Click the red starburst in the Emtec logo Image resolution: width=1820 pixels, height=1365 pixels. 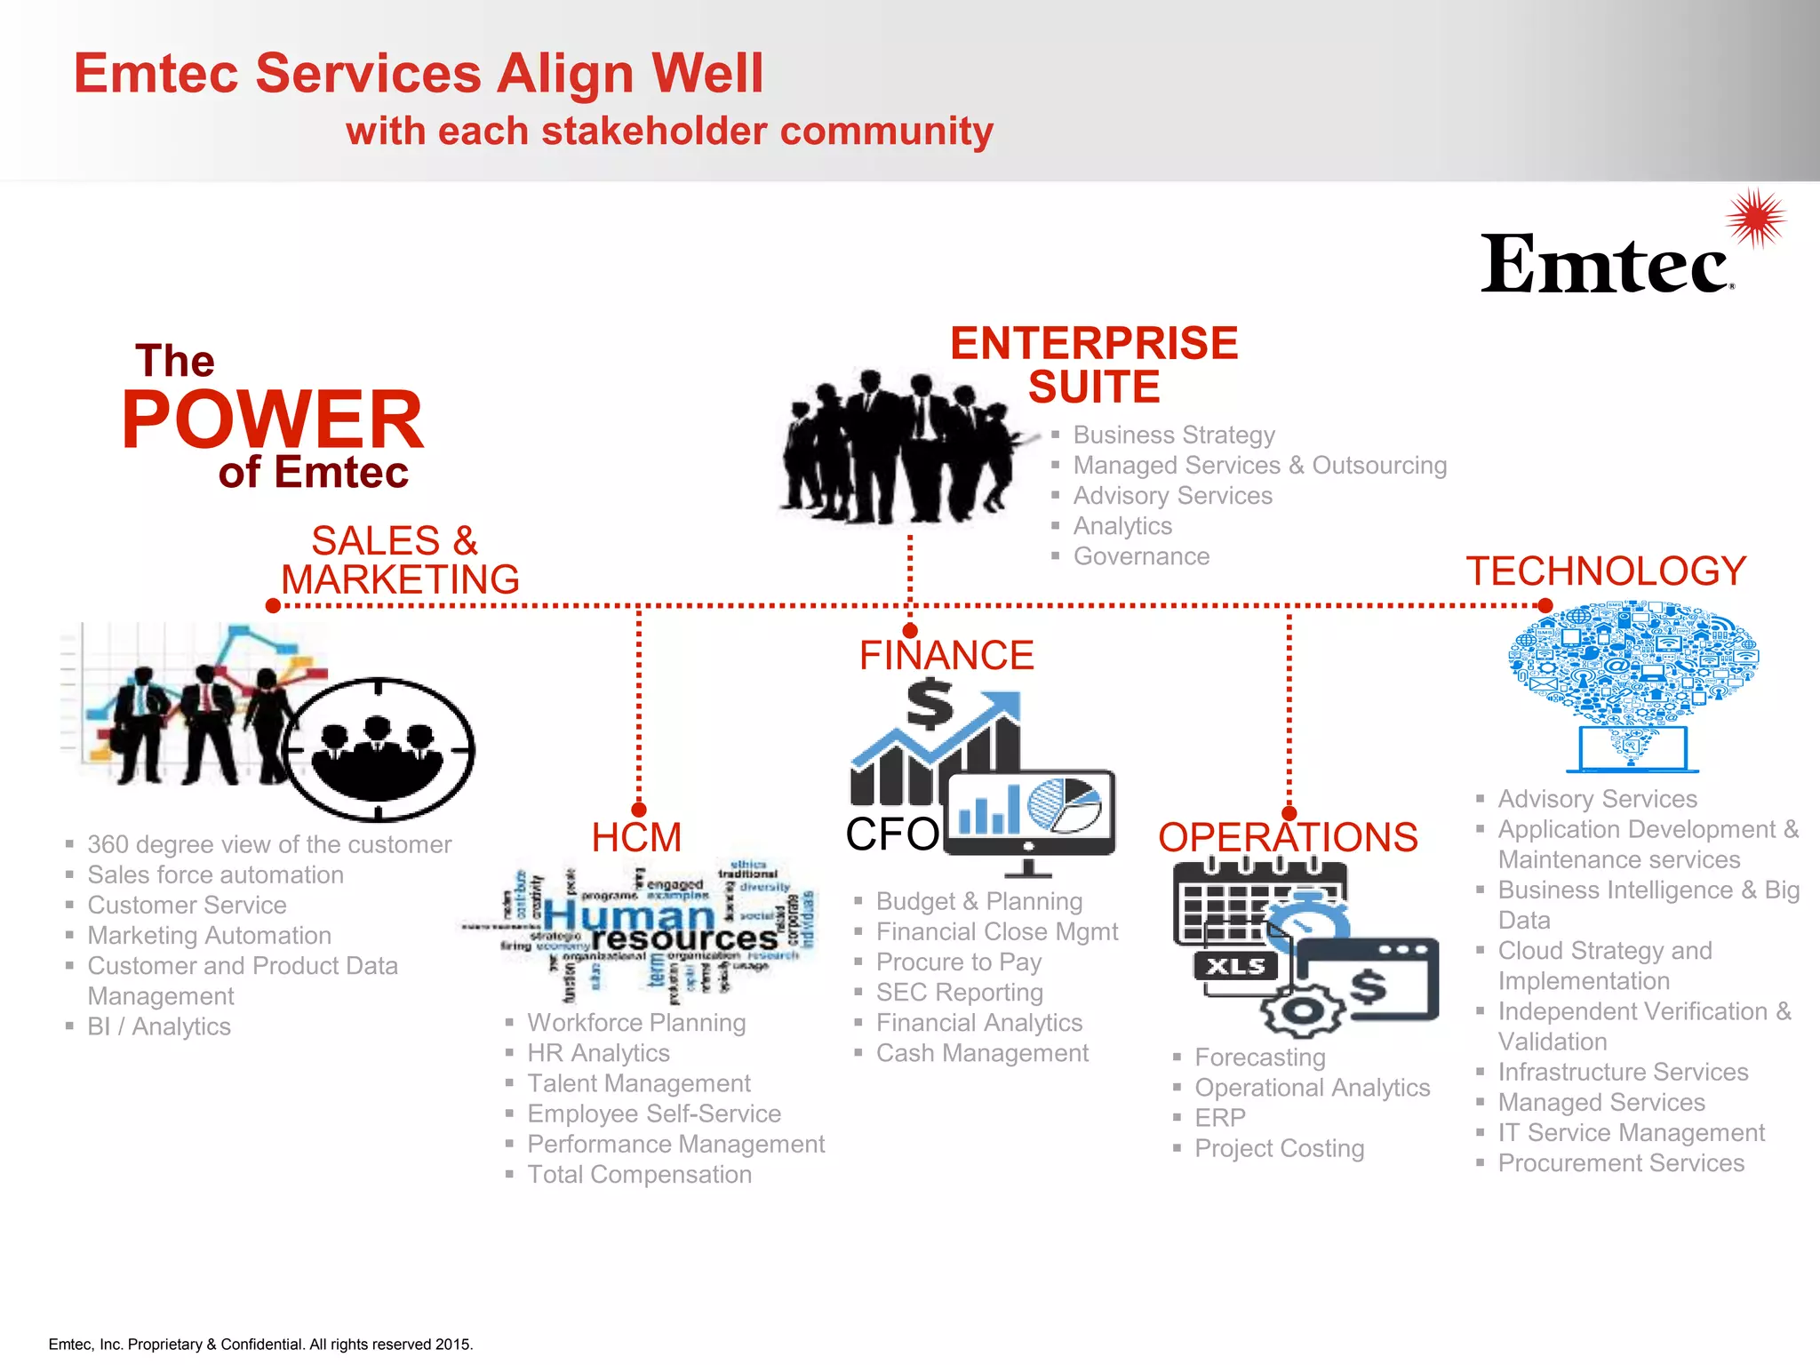(x=1756, y=218)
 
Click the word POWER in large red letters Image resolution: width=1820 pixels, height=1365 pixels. (x=272, y=419)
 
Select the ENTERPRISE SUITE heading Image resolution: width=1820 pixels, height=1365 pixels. (x=1094, y=365)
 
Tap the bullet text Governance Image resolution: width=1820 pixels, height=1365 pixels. (x=1141, y=556)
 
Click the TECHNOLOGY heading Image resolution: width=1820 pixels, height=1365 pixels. (x=1606, y=571)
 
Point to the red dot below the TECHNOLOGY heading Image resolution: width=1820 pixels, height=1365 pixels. (x=1545, y=605)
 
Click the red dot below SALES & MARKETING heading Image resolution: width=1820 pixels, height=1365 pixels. (x=273, y=605)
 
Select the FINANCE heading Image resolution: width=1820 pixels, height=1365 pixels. (x=946, y=656)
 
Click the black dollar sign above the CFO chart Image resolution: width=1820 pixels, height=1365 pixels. (x=930, y=704)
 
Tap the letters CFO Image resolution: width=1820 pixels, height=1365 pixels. (x=891, y=834)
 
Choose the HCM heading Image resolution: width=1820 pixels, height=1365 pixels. (x=636, y=837)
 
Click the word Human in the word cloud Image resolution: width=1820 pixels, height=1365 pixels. (x=628, y=914)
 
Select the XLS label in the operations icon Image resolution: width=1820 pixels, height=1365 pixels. (x=1235, y=966)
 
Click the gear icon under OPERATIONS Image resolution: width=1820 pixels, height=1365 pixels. (x=1303, y=1010)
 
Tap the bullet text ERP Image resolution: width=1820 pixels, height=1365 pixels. (x=1220, y=1118)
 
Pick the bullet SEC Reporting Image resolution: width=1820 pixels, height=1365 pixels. (x=959, y=993)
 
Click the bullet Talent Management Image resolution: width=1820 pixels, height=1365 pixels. (x=638, y=1083)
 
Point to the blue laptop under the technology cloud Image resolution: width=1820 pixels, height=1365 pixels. (x=1632, y=750)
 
